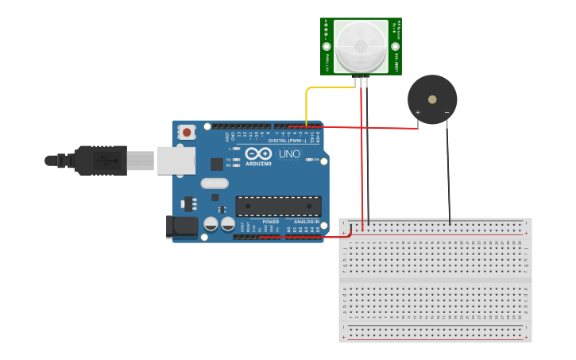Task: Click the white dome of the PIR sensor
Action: (x=361, y=46)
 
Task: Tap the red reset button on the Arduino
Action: (x=186, y=132)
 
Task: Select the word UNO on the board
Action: (x=289, y=153)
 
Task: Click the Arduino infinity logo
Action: (x=258, y=153)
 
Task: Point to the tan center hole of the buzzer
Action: (x=432, y=100)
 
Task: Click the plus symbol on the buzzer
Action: (x=418, y=113)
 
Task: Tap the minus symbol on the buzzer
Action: (x=446, y=113)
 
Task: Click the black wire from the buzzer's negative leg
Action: (x=448, y=175)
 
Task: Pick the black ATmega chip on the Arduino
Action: (x=278, y=206)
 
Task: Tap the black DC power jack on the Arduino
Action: (x=183, y=226)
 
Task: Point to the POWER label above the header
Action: (x=270, y=222)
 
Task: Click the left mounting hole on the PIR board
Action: (x=327, y=47)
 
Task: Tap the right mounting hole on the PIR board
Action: (x=395, y=47)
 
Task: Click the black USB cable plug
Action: (x=99, y=160)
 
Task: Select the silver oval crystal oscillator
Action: (x=215, y=184)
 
